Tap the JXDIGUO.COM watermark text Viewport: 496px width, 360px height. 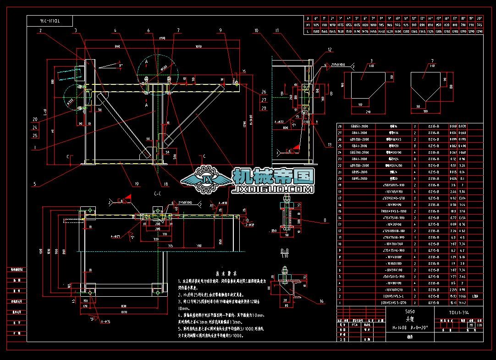(x=273, y=188)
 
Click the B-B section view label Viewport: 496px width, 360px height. (x=285, y=250)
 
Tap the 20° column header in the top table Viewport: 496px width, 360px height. (x=479, y=18)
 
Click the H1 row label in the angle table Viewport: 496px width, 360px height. (x=309, y=25)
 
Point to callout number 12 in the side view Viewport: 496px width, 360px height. (x=329, y=49)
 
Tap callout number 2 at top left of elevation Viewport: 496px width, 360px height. (x=40, y=31)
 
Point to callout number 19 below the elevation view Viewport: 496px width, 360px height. (x=136, y=184)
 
